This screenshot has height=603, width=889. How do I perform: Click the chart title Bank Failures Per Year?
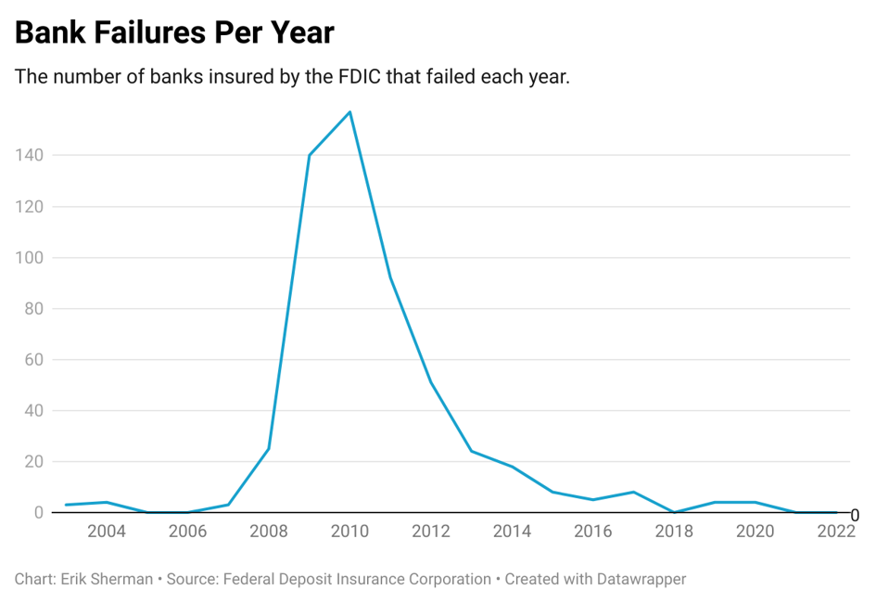pyautogui.click(x=174, y=32)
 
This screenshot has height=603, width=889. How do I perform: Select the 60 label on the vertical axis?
pyautogui.click(x=33, y=359)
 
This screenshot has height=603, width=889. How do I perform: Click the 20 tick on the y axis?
pyautogui.click(x=33, y=461)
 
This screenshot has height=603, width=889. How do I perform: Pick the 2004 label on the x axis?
pyautogui.click(x=107, y=532)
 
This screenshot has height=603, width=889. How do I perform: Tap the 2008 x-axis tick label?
pyautogui.click(x=269, y=532)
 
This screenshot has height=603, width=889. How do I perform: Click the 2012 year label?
pyautogui.click(x=431, y=532)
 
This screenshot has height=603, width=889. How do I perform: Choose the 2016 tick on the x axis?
pyautogui.click(x=593, y=532)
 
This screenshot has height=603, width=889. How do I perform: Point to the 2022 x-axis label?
pyautogui.click(x=836, y=532)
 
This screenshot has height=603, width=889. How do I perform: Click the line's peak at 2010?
pyautogui.click(x=349, y=112)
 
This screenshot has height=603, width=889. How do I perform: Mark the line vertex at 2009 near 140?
pyautogui.click(x=309, y=155)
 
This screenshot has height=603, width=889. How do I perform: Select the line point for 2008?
pyautogui.click(x=269, y=449)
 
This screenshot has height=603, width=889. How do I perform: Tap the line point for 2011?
pyautogui.click(x=390, y=277)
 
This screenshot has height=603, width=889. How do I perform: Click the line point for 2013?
pyautogui.click(x=471, y=451)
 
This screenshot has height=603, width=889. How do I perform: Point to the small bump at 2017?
pyautogui.click(x=633, y=492)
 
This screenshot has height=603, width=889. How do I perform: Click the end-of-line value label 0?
pyautogui.click(x=855, y=515)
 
